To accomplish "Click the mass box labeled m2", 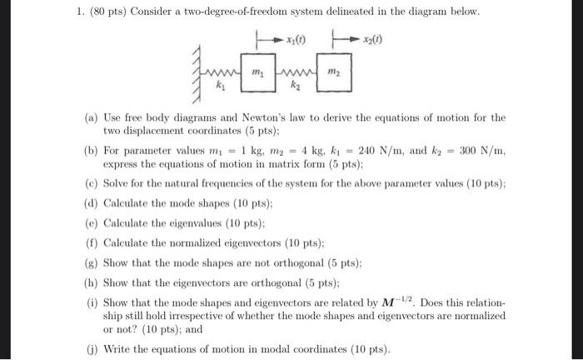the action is (x=333, y=72).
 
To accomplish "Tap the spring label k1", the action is (x=220, y=86).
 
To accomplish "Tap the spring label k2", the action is (x=294, y=86).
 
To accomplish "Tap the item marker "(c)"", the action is (x=92, y=184).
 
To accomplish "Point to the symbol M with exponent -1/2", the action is (x=390, y=299).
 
